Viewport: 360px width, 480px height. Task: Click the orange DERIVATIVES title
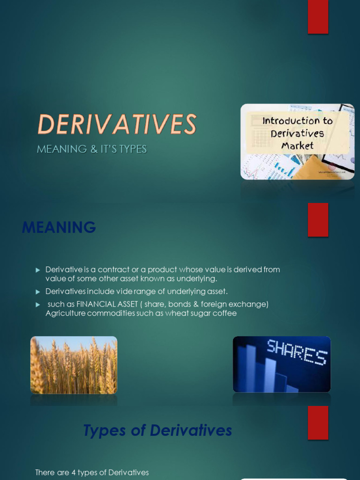(x=117, y=125)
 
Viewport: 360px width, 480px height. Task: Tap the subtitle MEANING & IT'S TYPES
(x=92, y=149)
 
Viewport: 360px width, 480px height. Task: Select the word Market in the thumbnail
(x=297, y=145)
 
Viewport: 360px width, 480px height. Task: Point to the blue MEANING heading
(x=59, y=228)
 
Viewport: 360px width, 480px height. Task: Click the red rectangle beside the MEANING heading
(x=318, y=220)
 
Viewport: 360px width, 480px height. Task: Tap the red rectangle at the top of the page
(x=318, y=17)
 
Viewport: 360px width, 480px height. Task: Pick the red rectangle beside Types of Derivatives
(x=318, y=422)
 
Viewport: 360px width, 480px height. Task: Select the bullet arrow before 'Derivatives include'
(x=38, y=292)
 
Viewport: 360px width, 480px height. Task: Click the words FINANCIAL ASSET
(x=107, y=304)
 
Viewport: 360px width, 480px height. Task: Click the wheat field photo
(x=74, y=365)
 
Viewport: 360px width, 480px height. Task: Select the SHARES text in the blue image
(x=296, y=352)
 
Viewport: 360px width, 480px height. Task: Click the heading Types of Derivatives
(x=157, y=430)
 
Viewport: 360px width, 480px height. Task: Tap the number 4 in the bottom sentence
(x=74, y=472)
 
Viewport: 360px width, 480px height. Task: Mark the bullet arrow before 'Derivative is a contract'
(x=38, y=270)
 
